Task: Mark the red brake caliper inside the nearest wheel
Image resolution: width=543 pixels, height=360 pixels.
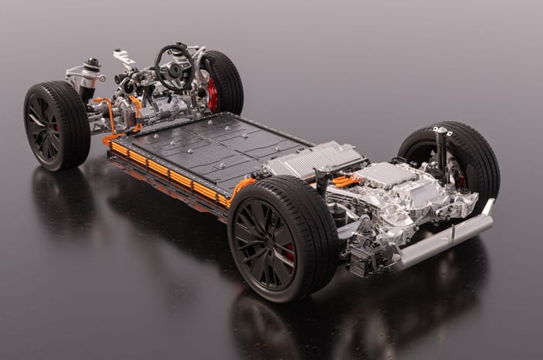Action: pyautogui.click(x=289, y=251)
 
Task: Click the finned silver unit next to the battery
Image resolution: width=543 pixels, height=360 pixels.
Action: pyautogui.click(x=314, y=160)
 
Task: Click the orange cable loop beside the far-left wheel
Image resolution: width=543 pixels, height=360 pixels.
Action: pyautogui.click(x=111, y=116)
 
